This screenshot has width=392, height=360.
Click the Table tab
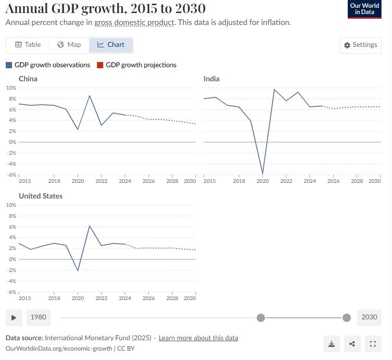[x=28, y=45]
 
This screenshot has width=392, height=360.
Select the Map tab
[x=69, y=45]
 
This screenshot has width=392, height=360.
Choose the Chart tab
[x=111, y=45]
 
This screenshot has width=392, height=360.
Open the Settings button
[x=360, y=45]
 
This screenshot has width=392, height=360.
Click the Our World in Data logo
[x=364, y=9]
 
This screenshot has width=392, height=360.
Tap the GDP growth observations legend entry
[x=48, y=65]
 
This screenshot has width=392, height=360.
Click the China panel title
[x=28, y=79]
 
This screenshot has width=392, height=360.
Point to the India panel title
[x=211, y=79]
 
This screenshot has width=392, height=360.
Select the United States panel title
[x=41, y=196]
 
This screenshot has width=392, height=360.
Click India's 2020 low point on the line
[x=262, y=173]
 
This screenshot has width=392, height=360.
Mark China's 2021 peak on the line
[x=90, y=95]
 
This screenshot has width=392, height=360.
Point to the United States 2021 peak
[x=90, y=226]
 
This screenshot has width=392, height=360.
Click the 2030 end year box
[x=369, y=317]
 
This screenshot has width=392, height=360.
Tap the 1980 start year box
[x=38, y=317]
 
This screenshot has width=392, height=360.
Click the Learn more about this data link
[x=198, y=338]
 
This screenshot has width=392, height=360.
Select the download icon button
[x=332, y=344]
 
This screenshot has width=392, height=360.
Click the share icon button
[x=352, y=344]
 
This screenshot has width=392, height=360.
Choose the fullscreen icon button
[x=372, y=344]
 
